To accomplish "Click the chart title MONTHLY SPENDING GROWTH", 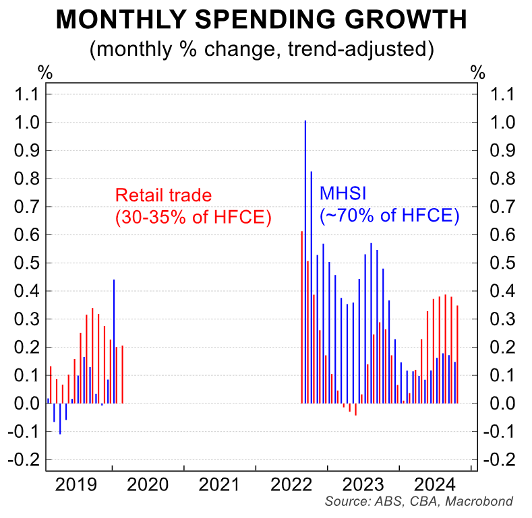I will (261, 20).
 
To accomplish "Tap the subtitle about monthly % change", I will (261, 49).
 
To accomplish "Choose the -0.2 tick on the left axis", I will (25, 459).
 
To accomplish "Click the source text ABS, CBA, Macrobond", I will (419, 502).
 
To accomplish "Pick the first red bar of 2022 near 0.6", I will (301, 317).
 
